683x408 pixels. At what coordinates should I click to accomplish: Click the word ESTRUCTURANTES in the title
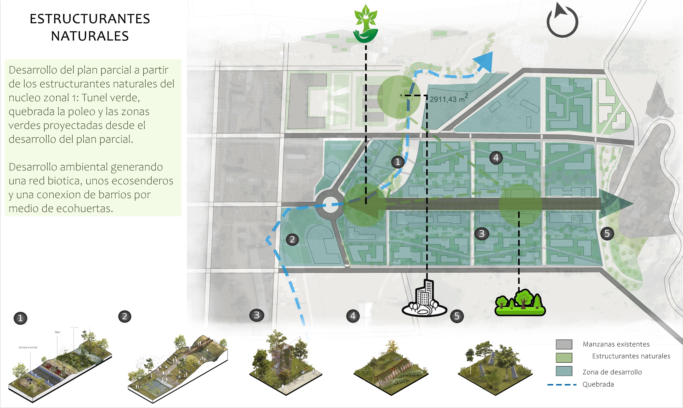point(90,19)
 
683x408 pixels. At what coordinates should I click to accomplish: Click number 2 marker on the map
point(292,239)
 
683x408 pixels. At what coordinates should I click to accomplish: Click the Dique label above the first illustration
point(57,332)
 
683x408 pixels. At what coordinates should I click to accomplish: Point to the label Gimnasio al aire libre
point(28,348)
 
